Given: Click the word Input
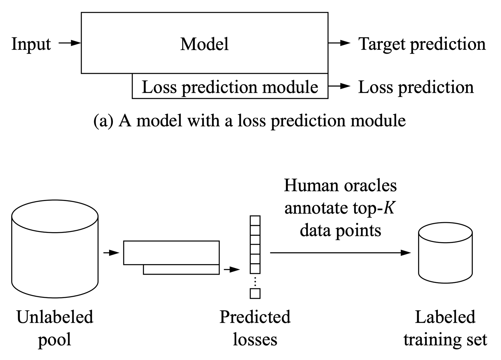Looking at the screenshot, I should coord(31,44).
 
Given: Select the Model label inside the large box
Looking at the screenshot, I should coord(204,44).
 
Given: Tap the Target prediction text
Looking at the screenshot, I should coord(422,44).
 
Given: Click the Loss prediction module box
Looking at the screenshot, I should coord(230,87).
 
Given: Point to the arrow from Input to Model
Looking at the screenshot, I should coord(70,43).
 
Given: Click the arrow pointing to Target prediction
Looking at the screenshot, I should coord(339,43).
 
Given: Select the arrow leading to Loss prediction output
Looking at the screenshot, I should coord(339,86).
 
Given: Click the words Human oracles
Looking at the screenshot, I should coord(340,186).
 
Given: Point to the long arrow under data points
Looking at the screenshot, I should coord(340,253).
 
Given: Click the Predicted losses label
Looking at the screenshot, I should coord(255,328).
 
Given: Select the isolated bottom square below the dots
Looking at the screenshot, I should coord(255,294).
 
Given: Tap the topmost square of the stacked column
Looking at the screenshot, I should coord(255,220).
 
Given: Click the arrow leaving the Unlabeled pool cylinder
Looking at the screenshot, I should coord(111,253).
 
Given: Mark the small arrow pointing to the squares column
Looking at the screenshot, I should coord(232,269).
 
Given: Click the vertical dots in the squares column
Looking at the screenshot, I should coord(255,281).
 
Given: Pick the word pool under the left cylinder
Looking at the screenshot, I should coord(55,339).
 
